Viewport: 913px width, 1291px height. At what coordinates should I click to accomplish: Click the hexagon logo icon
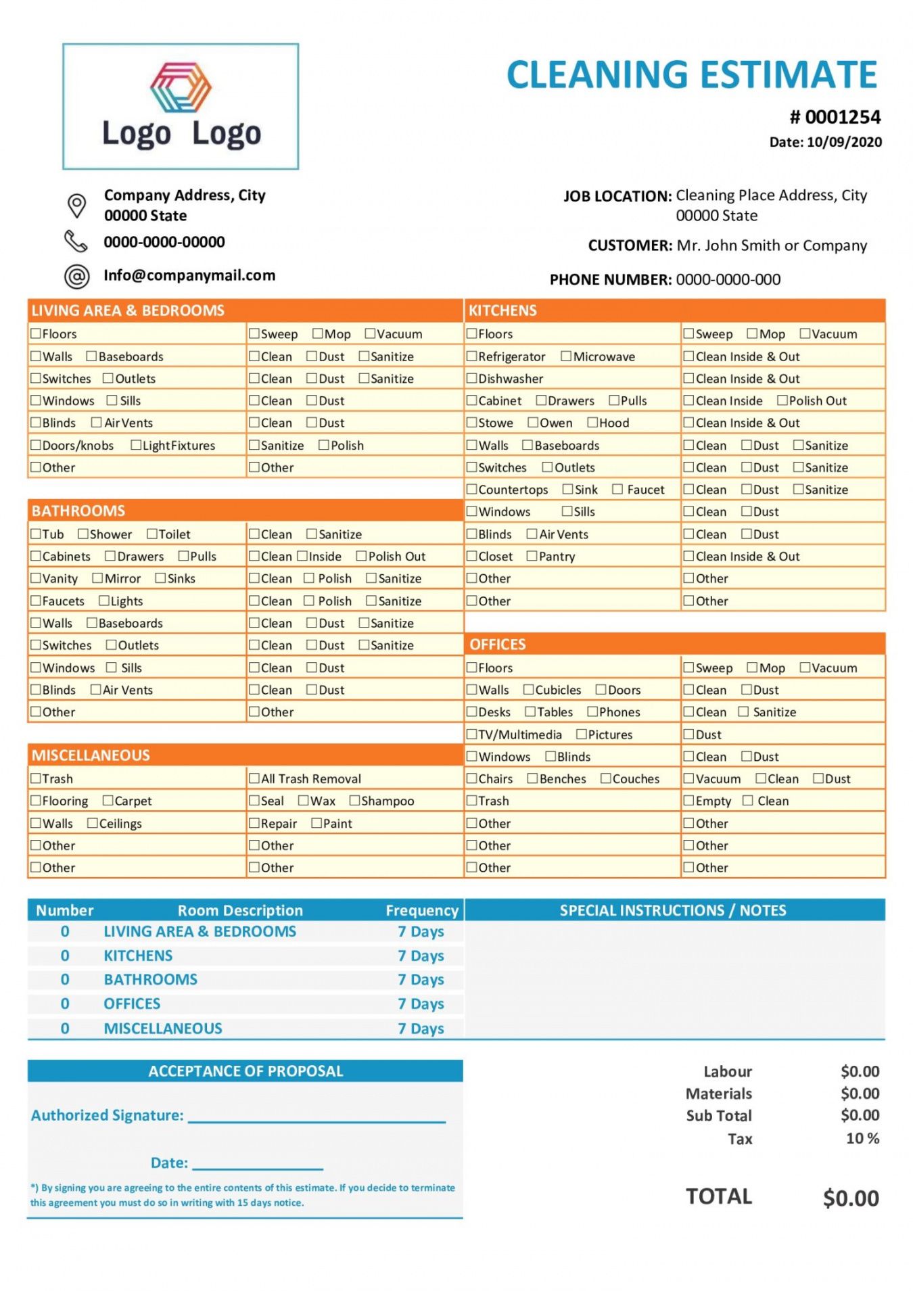181,87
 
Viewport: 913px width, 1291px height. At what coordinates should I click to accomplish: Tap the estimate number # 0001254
835,118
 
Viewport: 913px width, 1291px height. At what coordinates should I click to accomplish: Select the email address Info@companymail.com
189,275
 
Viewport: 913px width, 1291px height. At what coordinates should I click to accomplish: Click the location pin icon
77,205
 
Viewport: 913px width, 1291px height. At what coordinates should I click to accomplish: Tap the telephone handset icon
76,241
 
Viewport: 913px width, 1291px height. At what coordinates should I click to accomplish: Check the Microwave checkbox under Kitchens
566,356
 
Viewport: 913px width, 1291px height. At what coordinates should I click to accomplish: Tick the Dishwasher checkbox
471,379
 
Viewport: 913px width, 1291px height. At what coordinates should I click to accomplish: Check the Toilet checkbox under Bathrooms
152,534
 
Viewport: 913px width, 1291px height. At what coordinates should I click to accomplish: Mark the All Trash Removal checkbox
254,778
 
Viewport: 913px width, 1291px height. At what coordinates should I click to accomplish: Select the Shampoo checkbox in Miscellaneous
354,801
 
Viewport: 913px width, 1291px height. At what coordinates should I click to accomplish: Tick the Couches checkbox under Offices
605,778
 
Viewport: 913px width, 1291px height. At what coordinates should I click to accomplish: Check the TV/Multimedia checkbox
471,734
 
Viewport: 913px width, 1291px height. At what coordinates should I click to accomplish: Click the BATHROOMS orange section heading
78,511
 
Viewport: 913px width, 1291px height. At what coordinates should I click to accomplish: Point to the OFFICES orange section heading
498,644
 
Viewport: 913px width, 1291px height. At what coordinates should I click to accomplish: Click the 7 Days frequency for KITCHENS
421,956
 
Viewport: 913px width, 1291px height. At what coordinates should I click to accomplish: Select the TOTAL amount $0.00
851,1198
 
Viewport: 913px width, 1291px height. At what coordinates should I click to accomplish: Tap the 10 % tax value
862,1138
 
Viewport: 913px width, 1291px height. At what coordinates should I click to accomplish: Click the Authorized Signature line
317,1117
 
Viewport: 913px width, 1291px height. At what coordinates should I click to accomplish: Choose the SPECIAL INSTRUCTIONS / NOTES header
673,910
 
